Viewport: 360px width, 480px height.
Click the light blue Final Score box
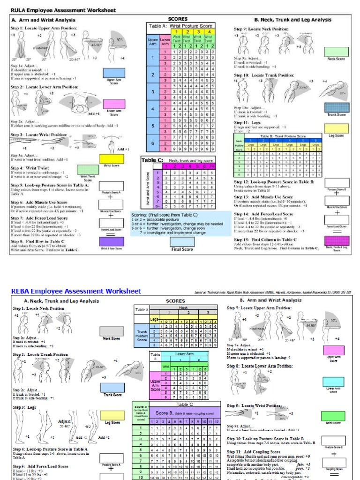pos(182,242)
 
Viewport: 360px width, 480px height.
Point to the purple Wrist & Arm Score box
pos(111,242)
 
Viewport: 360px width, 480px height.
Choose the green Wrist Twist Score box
pos(88,170)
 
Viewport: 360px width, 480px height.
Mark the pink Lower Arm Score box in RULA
pos(114,104)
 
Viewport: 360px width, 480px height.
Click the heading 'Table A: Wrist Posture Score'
pos(180,26)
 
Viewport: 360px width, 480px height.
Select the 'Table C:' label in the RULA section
pos(151,160)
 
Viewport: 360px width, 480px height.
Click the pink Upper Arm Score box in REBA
pos(333,350)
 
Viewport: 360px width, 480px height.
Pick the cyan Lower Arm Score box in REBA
pos(333,381)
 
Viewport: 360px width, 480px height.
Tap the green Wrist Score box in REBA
pos(333,416)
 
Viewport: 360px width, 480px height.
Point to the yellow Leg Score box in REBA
pos(112,415)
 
